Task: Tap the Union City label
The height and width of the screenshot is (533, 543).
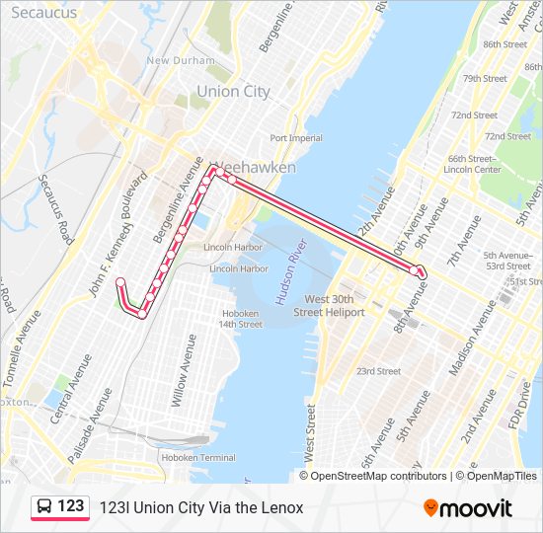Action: tap(233, 91)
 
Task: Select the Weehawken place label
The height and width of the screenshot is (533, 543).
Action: tap(255, 168)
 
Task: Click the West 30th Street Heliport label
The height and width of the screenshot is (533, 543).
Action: tap(334, 305)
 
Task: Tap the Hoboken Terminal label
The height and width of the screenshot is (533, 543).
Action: tap(198, 457)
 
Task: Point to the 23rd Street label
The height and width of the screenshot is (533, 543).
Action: tap(378, 371)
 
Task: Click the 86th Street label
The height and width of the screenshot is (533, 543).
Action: tap(504, 44)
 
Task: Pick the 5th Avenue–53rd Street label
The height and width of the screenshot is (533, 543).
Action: tap(507, 260)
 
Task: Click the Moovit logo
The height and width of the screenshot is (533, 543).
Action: tap(468, 508)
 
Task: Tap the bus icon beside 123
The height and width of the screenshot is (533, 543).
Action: tap(44, 507)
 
